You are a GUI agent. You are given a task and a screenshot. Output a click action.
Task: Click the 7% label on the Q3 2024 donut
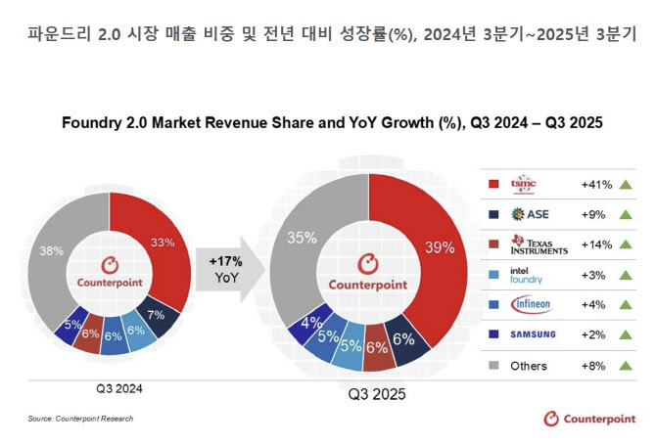click(x=156, y=314)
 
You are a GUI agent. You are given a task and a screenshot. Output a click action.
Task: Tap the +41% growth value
click(x=595, y=184)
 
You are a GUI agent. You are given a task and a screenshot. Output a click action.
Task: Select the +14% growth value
click(x=595, y=244)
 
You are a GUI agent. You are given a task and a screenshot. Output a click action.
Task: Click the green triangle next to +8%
click(x=625, y=366)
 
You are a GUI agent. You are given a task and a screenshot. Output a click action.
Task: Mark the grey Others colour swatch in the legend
click(x=493, y=366)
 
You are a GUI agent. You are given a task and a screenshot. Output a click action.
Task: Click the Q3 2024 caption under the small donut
click(x=119, y=388)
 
